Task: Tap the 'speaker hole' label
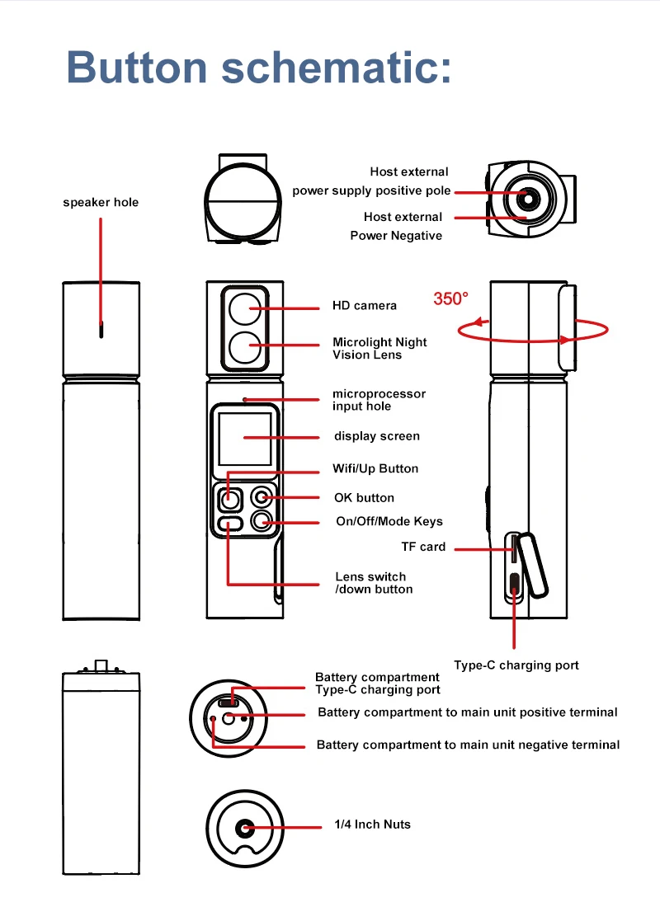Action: [101, 202]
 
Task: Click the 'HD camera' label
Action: [365, 305]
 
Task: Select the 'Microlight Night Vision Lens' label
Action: [379, 348]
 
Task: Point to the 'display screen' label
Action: [376, 435]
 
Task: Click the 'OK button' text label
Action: [364, 497]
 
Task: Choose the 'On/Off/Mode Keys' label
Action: [389, 521]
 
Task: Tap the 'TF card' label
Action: [423, 546]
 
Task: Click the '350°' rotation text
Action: [450, 298]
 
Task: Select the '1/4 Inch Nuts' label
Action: [372, 824]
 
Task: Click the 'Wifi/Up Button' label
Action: [375, 468]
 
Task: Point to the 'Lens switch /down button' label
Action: [373, 583]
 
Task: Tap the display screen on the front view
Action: [245, 439]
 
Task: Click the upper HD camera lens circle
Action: [244, 309]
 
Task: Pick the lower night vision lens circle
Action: [244, 347]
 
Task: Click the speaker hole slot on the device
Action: [101, 330]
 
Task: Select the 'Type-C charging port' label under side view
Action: [516, 665]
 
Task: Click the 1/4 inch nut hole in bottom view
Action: [245, 828]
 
